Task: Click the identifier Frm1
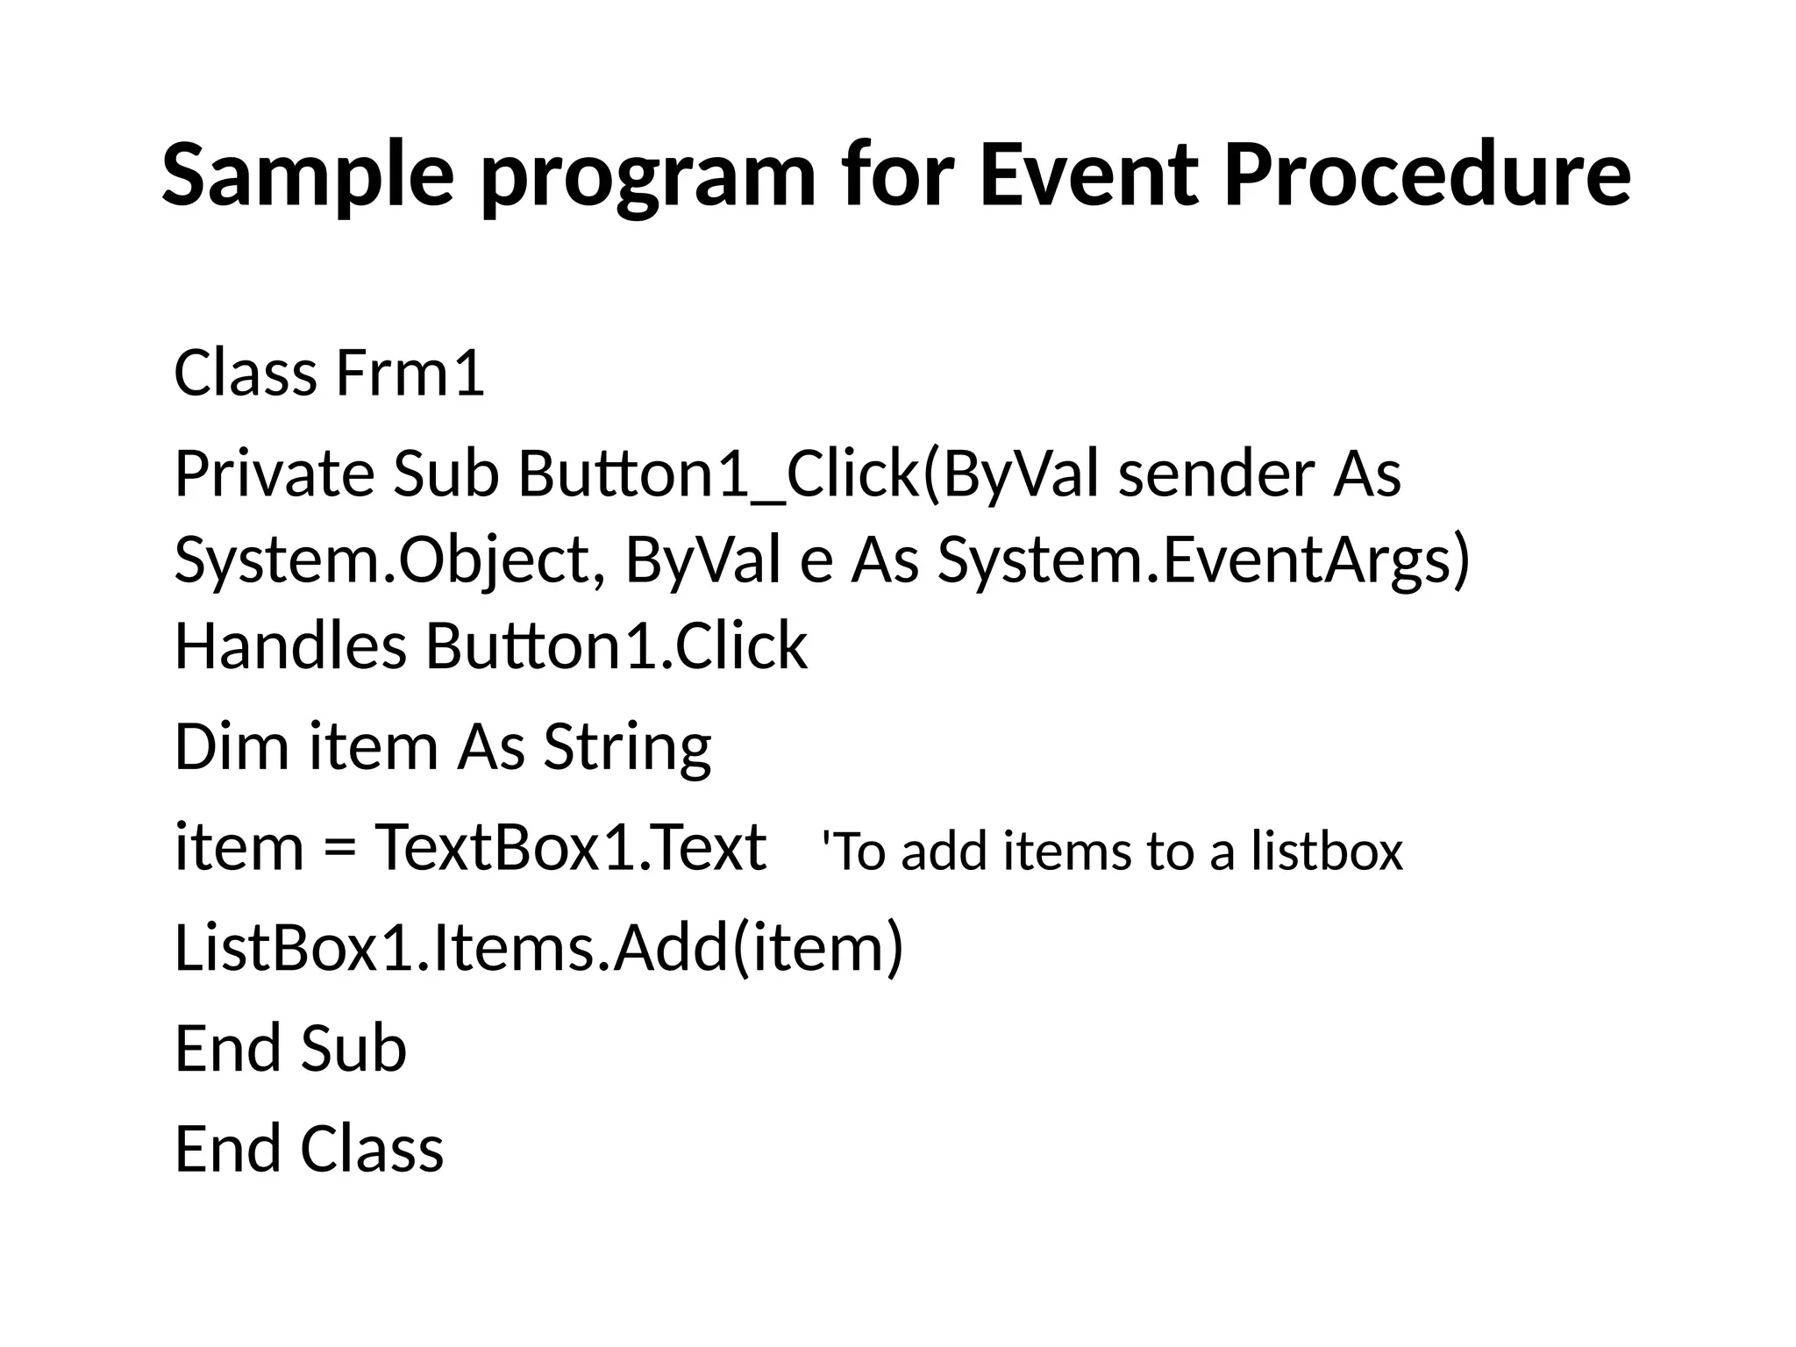pyautogui.click(x=410, y=374)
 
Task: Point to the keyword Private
pyautogui.click(x=274, y=474)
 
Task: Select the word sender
pyautogui.click(x=1215, y=474)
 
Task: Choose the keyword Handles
pyautogui.click(x=290, y=645)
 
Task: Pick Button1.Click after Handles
pyautogui.click(x=616, y=645)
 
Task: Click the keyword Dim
pyautogui.click(x=232, y=747)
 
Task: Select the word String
pyautogui.click(x=627, y=747)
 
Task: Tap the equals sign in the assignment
pyautogui.click(x=339, y=849)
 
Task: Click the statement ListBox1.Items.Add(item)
pyautogui.click(x=538, y=949)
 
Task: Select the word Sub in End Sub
pyautogui.click(x=353, y=1049)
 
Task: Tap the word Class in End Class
pyautogui.click(x=372, y=1149)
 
